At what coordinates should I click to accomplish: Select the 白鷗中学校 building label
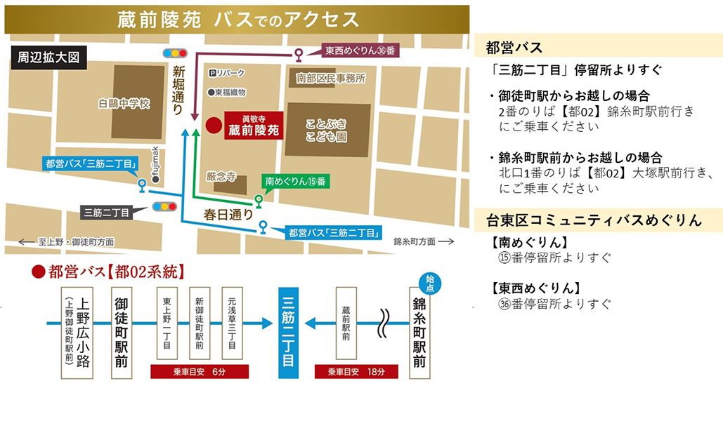pyautogui.click(x=124, y=104)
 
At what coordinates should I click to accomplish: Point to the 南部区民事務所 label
pyautogui.click(x=330, y=78)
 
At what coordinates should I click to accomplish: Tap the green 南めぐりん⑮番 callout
pyautogui.click(x=294, y=181)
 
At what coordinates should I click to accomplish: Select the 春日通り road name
pyautogui.click(x=228, y=214)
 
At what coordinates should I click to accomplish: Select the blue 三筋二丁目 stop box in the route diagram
pyautogui.click(x=288, y=333)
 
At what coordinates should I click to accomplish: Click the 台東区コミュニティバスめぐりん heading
pyautogui.click(x=594, y=220)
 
